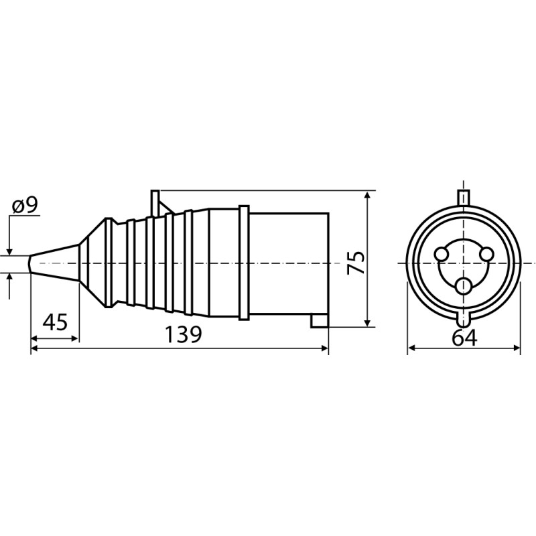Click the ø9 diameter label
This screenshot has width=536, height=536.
point(25,206)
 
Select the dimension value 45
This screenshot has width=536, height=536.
point(55,322)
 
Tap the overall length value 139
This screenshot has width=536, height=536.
point(184,334)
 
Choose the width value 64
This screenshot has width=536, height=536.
point(464,338)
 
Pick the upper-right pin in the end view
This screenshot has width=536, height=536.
point(487,255)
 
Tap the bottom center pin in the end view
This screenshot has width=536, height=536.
point(464,285)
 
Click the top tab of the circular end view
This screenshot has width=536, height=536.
point(464,197)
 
